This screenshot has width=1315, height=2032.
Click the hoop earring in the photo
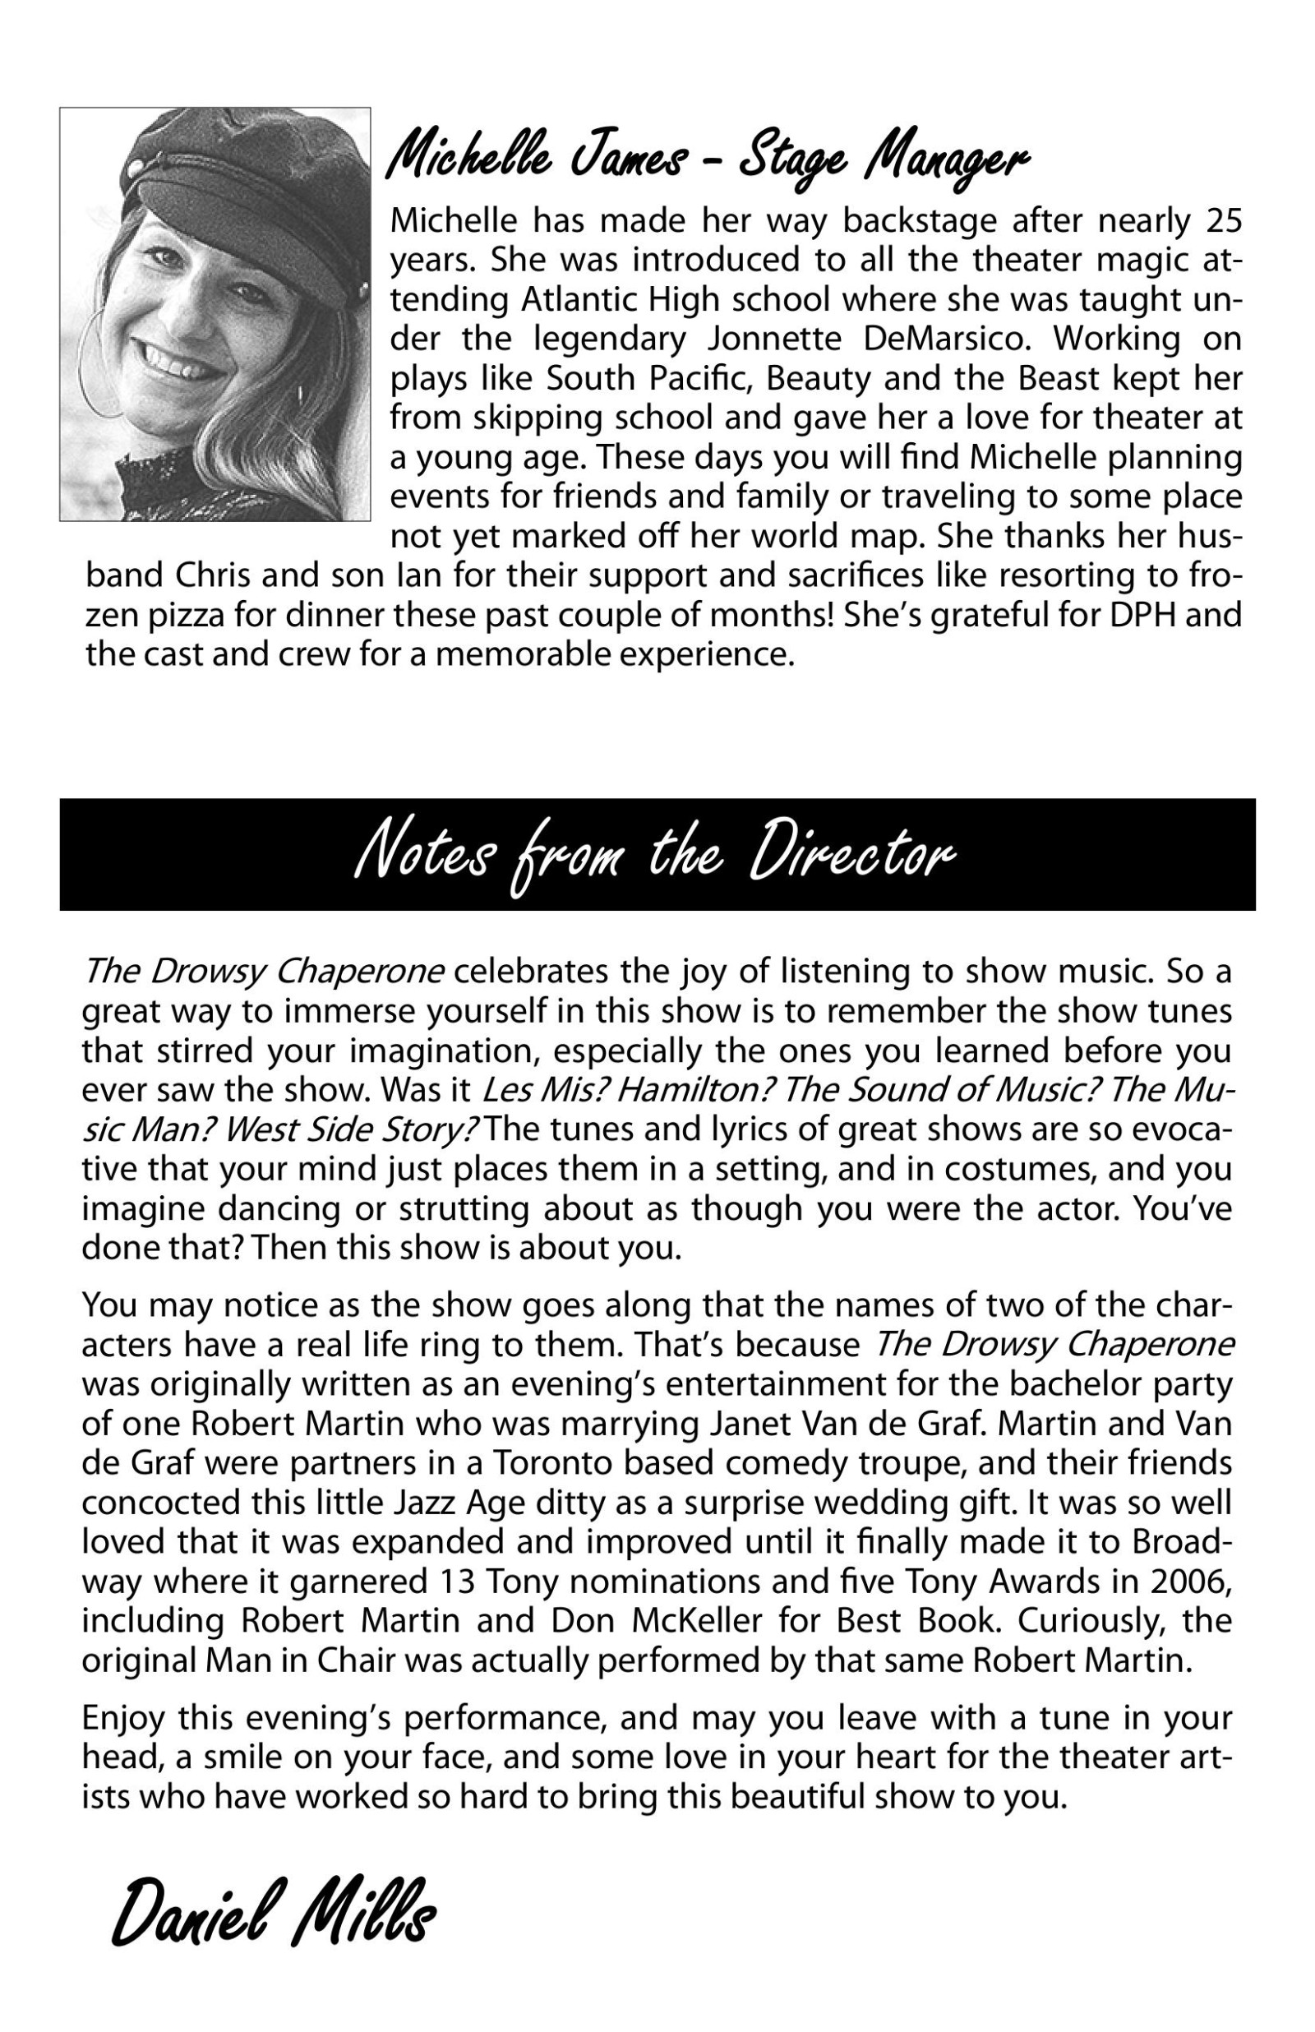[101, 363]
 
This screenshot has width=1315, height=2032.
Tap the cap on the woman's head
[239, 171]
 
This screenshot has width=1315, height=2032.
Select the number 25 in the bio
[1223, 221]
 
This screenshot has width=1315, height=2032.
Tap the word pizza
[183, 615]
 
